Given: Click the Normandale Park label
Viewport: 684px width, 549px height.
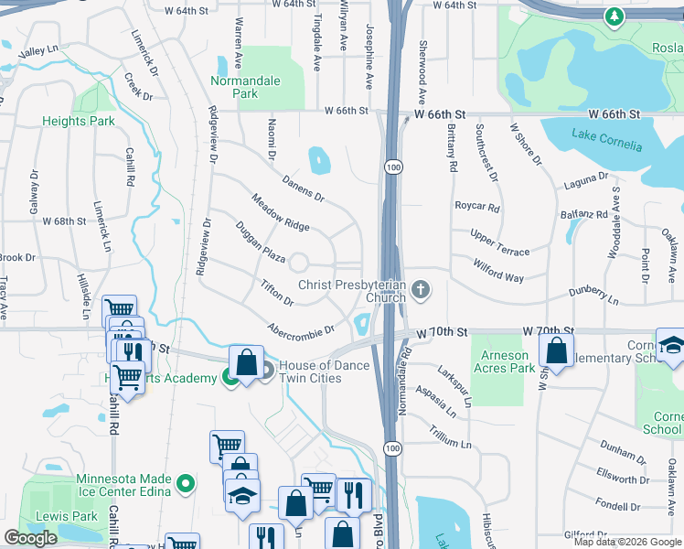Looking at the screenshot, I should [x=245, y=87].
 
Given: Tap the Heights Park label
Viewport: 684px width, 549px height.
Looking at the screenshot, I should [x=79, y=121].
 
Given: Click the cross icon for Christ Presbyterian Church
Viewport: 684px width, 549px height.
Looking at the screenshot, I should [x=421, y=290].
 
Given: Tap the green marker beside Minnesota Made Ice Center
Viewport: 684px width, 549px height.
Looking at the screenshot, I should [x=187, y=483].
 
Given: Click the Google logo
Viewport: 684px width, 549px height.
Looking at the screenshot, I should [x=30, y=538].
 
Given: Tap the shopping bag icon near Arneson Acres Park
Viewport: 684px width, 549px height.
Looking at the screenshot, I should [x=556, y=350].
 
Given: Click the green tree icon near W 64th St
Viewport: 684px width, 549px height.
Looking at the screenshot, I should [x=615, y=16].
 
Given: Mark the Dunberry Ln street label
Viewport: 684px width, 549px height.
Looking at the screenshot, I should [x=595, y=294].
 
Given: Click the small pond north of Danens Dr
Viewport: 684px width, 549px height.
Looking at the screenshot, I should [x=319, y=161].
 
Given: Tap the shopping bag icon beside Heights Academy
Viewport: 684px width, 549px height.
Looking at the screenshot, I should [x=246, y=362].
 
